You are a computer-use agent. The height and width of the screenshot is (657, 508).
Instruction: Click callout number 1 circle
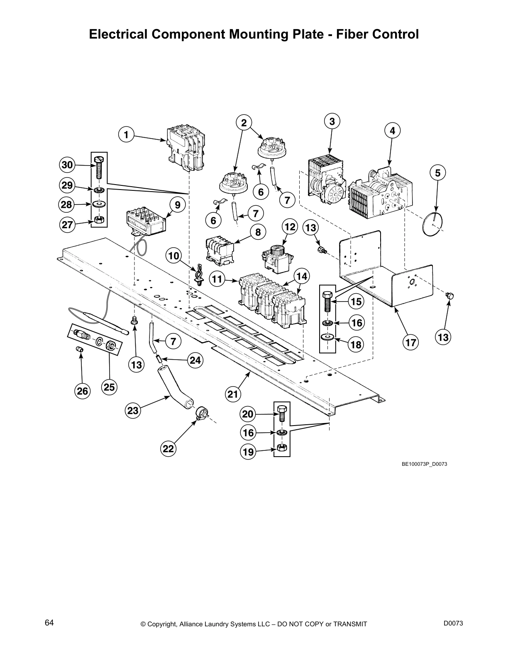point(126,134)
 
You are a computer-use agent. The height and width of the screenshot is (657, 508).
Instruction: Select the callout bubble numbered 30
point(67,165)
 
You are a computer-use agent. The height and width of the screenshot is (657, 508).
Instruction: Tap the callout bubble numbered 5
point(437,173)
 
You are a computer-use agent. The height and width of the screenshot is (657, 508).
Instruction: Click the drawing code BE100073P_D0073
point(424,464)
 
